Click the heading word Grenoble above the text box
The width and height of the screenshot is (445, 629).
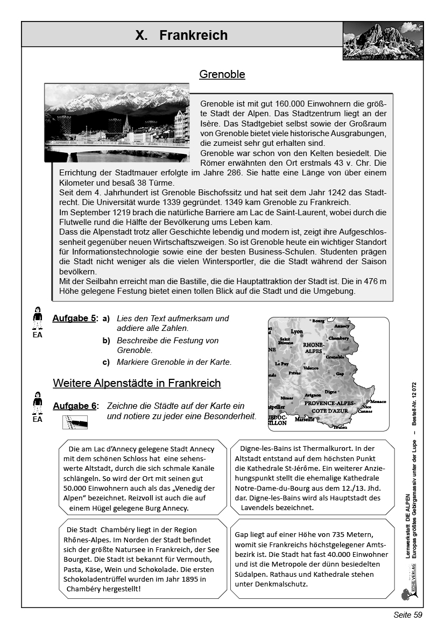[222, 74]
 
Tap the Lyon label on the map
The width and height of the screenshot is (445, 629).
[296, 332]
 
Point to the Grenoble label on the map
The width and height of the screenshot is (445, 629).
[335, 357]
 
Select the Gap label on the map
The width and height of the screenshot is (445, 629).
[340, 373]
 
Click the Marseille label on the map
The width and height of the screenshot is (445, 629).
[305, 420]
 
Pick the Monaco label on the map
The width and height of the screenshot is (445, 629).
[378, 402]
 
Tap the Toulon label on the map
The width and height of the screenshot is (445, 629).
[340, 427]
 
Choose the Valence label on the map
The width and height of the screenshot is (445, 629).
[311, 368]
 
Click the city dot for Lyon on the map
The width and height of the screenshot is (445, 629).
[302, 336]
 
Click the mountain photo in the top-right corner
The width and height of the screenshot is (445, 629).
[383, 41]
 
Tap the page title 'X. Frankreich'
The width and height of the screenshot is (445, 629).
[181, 36]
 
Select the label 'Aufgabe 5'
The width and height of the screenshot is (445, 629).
[74, 319]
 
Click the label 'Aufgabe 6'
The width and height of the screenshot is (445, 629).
[74, 406]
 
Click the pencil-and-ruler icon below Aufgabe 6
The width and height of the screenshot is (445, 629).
[75, 422]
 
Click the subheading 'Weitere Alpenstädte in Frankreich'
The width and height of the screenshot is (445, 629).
[137, 383]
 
